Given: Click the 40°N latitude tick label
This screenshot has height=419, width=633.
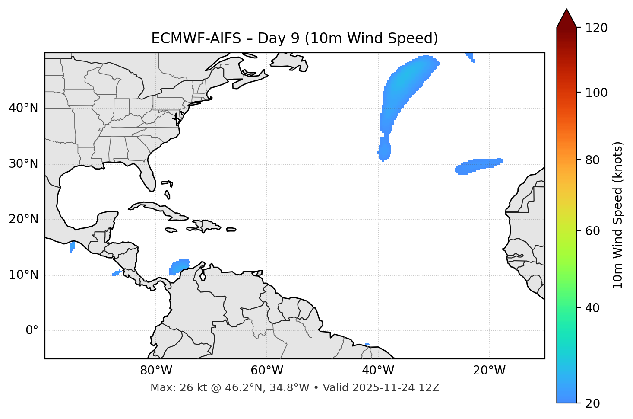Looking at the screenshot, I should tap(23, 108).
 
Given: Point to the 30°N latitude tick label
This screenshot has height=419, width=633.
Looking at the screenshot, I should tap(23, 164).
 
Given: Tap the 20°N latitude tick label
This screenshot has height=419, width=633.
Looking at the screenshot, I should tap(23, 219).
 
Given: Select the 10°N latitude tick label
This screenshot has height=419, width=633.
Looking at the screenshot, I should tap(23, 275).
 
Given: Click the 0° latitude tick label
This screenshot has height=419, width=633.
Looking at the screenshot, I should tap(32, 331).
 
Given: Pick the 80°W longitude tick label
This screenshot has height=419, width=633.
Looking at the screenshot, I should tap(156, 371).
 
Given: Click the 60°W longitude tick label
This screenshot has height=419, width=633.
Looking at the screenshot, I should tap(267, 371).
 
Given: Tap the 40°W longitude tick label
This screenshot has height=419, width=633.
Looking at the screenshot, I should tap(378, 371).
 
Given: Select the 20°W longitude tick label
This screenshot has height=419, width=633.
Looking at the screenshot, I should tap(489, 371).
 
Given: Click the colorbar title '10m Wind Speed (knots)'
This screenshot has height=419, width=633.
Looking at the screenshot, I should tap(618, 215).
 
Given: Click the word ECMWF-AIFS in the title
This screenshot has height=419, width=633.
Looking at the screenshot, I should tap(196, 38).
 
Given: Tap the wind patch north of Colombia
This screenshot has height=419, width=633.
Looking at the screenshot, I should tap(179, 266).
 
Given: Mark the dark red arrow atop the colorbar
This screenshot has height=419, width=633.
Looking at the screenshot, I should tap(567, 19).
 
